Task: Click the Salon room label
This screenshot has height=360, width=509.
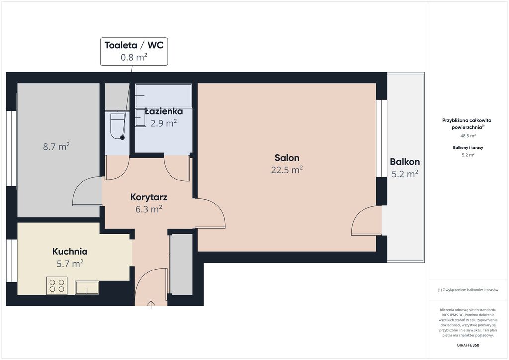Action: (x=287, y=158)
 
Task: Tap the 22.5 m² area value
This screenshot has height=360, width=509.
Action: (x=287, y=170)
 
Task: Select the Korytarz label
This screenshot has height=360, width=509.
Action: (x=149, y=197)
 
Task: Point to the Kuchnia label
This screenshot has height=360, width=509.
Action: (x=70, y=251)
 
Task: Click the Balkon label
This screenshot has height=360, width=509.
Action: (x=405, y=162)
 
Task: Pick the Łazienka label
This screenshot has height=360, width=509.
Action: (x=164, y=112)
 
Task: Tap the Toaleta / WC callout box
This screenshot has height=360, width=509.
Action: (x=134, y=51)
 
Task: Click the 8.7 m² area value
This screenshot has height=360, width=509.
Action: (x=56, y=146)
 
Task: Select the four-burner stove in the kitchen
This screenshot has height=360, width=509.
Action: (x=57, y=285)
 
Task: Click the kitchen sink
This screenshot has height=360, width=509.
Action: (x=87, y=287)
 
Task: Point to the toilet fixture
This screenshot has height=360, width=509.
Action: (x=117, y=126)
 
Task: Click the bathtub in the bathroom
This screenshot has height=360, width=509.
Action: (x=164, y=95)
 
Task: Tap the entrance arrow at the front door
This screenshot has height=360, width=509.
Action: (x=151, y=305)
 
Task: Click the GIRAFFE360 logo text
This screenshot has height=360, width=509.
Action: (x=468, y=345)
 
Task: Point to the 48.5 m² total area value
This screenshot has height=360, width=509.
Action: (x=468, y=136)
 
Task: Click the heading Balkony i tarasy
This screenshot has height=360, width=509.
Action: (x=468, y=147)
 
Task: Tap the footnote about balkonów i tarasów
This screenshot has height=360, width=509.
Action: (x=468, y=290)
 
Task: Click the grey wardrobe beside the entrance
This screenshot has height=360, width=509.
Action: (x=181, y=265)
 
